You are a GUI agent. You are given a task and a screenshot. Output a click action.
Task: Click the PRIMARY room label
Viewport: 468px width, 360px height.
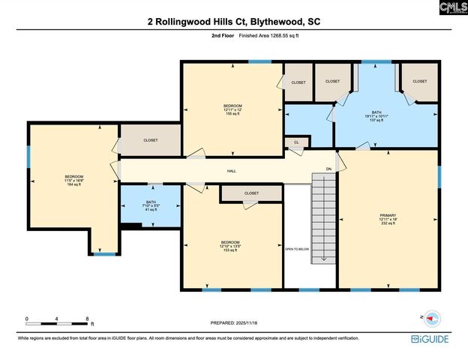point(387,215)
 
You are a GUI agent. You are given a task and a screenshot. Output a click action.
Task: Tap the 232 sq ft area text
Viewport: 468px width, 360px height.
point(387,223)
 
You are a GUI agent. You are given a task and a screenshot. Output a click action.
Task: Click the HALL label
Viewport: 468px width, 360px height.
point(232,171)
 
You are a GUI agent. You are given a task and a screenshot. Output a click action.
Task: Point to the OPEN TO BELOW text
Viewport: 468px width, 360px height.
point(297,248)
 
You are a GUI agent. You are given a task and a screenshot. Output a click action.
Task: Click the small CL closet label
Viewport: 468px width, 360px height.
point(296,141)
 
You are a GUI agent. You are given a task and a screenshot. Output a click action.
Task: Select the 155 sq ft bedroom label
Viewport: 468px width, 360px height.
point(232,113)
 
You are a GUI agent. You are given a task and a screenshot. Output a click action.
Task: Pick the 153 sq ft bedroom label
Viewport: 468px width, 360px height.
point(230,250)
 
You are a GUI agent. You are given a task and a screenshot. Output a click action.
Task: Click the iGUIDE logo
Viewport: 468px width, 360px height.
point(430,340)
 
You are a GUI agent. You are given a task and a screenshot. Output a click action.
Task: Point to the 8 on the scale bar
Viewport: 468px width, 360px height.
point(88,319)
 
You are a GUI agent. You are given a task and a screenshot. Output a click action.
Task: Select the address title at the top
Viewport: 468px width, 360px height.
point(233,22)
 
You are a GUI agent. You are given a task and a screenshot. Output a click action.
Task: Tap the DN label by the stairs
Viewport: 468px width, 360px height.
point(328,169)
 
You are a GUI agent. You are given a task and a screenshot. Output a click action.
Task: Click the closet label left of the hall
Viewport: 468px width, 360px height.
point(151,140)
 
